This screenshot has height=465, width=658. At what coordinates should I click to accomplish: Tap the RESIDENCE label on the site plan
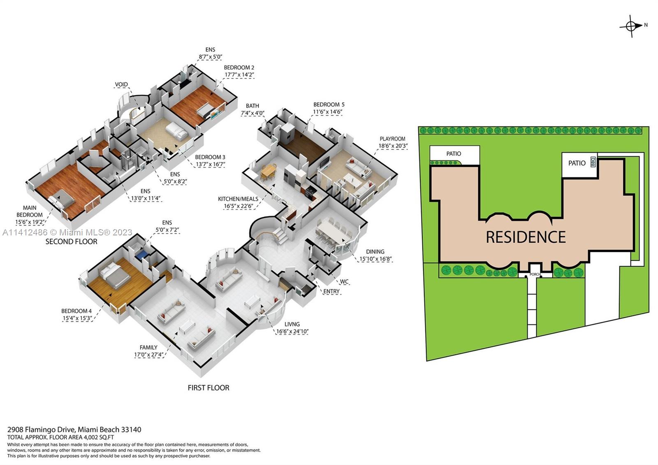[526, 237]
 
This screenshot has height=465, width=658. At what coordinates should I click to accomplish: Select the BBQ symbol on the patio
[593, 162]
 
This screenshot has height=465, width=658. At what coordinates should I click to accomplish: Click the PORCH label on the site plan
[535, 274]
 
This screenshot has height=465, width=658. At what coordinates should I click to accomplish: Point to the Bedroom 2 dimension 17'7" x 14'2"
[239, 74]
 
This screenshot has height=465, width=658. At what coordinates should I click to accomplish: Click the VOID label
[121, 84]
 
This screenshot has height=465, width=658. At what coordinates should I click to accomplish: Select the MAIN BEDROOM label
[29, 212]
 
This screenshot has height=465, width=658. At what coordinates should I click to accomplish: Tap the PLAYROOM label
[392, 139]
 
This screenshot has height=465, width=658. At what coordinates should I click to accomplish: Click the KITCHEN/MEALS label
[238, 199]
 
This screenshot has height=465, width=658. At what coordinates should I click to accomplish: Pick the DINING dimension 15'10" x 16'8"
[375, 259]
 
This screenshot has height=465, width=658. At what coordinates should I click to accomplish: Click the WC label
[344, 281]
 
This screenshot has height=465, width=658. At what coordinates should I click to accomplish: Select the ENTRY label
[331, 291]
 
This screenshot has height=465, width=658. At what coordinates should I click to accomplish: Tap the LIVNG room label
[292, 324]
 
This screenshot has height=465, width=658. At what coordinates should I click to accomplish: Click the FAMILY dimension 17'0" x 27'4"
[148, 355]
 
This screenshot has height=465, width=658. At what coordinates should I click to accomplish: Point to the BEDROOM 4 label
[76, 311]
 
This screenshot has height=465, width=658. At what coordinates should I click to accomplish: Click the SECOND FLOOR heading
[71, 242]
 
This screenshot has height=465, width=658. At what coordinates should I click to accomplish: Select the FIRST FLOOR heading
[209, 388]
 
